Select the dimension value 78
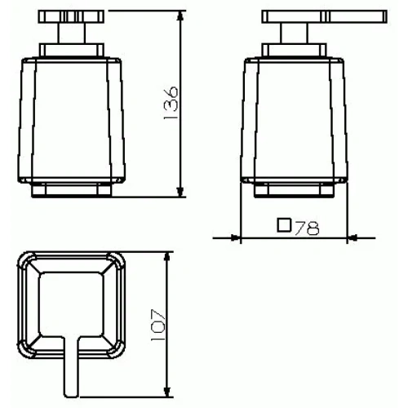coord(307,228)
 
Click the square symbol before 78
coord(284,227)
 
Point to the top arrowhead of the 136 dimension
coord(178,16)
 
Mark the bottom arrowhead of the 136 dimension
coord(178,193)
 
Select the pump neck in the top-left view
coord(70,38)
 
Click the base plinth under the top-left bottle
coord(70,191)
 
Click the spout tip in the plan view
coord(71,384)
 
